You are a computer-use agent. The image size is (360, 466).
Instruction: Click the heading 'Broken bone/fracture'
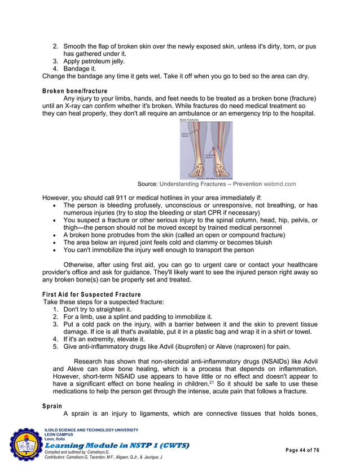(x=75, y=90)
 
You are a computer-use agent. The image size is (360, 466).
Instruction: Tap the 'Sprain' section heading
(x=52, y=406)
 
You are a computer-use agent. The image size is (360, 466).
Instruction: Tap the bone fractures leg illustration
(x=206, y=149)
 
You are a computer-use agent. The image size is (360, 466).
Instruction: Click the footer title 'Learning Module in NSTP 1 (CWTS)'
(x=116, y=446)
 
